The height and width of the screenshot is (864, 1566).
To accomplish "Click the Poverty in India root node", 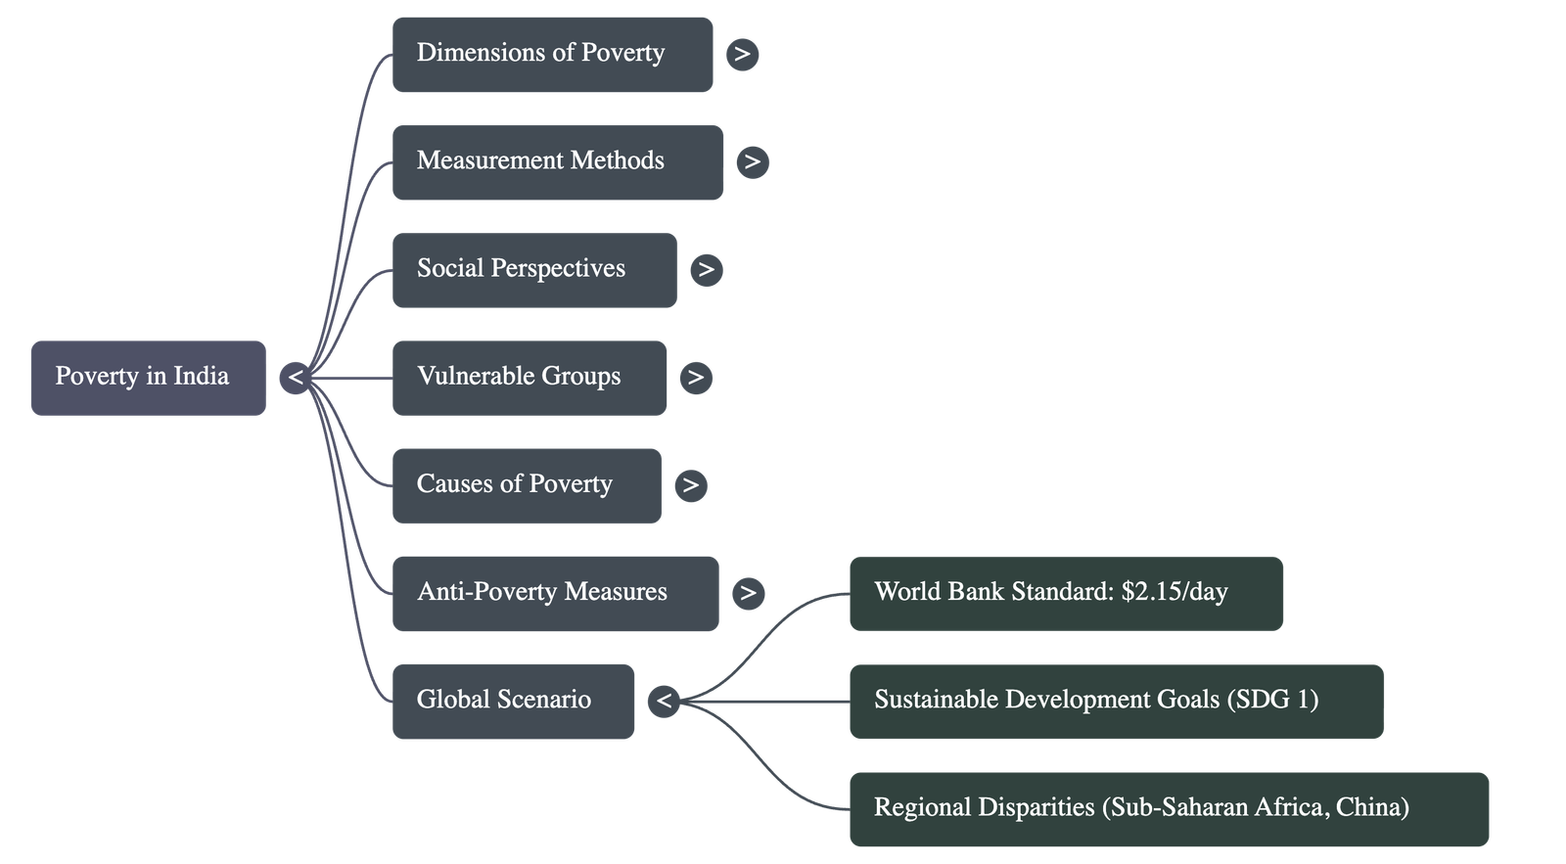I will (148, 378).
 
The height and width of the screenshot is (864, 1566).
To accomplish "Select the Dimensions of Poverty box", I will (552, 55).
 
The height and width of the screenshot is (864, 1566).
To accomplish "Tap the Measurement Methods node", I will (557, 162).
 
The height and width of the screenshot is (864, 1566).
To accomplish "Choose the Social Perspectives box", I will (533, 270).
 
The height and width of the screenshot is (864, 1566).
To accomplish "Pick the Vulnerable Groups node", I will (529, 378).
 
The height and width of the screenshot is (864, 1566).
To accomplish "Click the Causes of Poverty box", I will (526, 485).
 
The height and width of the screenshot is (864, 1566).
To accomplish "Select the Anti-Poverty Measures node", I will (554, 593).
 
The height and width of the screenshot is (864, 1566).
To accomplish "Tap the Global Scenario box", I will (513, 701).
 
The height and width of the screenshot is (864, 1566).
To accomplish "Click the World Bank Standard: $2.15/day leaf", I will (1065, 593).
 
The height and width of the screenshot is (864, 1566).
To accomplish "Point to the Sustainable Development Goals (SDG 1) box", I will (1115, 701).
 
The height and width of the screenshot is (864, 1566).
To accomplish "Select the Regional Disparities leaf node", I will (1168, 808).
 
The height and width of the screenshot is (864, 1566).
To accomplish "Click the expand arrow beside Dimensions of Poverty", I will (742, 54).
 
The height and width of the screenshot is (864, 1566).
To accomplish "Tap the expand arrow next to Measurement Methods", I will (752, 161).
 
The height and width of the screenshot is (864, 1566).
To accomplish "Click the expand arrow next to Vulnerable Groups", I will (695, 377).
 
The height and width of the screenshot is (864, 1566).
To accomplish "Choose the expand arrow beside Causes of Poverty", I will (690, 484).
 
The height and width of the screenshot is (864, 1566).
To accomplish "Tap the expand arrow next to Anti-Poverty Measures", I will (748, 592).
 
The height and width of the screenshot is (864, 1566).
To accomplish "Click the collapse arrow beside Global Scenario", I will (664, 701).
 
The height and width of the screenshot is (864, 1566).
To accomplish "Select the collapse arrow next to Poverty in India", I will (295, 378).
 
